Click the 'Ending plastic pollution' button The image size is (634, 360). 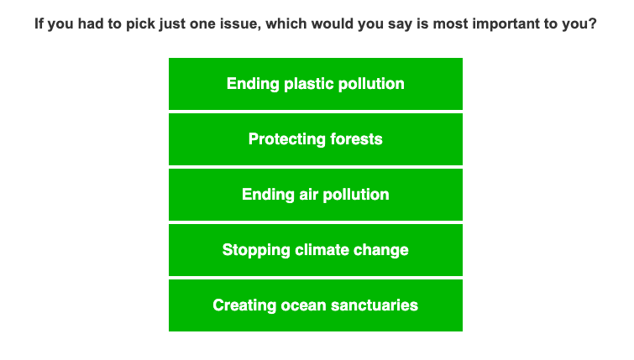coord(316,84)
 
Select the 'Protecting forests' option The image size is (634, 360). coord(316,139)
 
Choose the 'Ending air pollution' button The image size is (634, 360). coord(316,195)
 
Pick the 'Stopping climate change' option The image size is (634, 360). coord(316,250)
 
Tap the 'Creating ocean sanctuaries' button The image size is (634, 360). coord(316,305)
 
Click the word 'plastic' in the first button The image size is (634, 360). coord(309,84)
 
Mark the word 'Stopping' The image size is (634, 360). coord(252,250)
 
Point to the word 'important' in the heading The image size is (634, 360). coord(489,24)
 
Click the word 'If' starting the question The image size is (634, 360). coord(39,24)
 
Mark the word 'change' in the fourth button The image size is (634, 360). coord(383,250)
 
